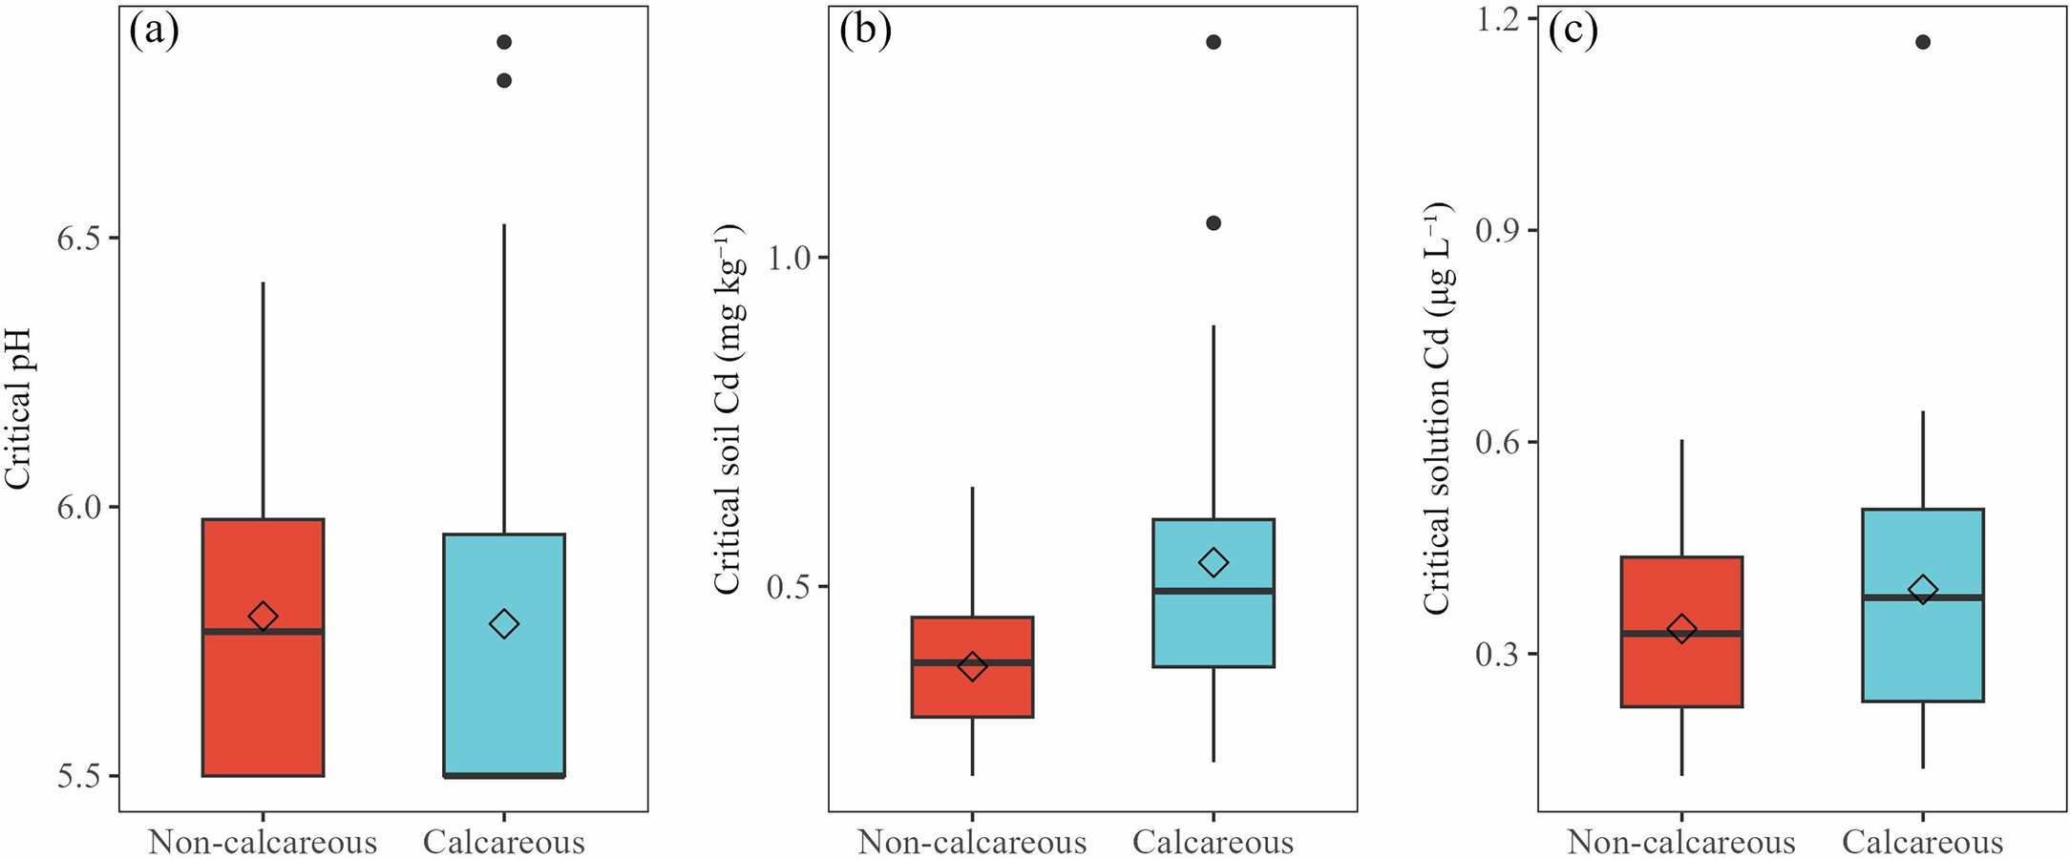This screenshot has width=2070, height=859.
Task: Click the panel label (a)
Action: click(154, 31)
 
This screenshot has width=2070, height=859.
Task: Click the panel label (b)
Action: click(865, 31)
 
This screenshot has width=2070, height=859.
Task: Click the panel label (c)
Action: click(1573, 31)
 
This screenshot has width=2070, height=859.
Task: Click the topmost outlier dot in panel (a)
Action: click(504, 42)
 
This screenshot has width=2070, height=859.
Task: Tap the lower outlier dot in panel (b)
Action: click(1214, 223)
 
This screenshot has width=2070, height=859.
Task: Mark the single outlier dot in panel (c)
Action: click(1923, 42)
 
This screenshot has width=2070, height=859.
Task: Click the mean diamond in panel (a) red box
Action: click(263, 617)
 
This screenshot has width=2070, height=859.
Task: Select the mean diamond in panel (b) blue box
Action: click(1214, 562)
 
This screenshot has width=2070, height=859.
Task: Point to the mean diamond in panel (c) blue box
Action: click(1923, 590)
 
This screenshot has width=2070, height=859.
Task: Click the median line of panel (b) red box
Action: click(972, 661)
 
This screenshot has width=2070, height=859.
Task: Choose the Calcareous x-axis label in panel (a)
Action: click(504, 842)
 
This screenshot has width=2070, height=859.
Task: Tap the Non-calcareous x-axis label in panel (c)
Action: click(1681, 842)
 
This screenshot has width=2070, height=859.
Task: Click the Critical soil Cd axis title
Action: click(729, 409)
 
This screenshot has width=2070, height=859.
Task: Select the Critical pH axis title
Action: click(19, 409)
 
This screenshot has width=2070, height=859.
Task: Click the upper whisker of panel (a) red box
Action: click(263, 401)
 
